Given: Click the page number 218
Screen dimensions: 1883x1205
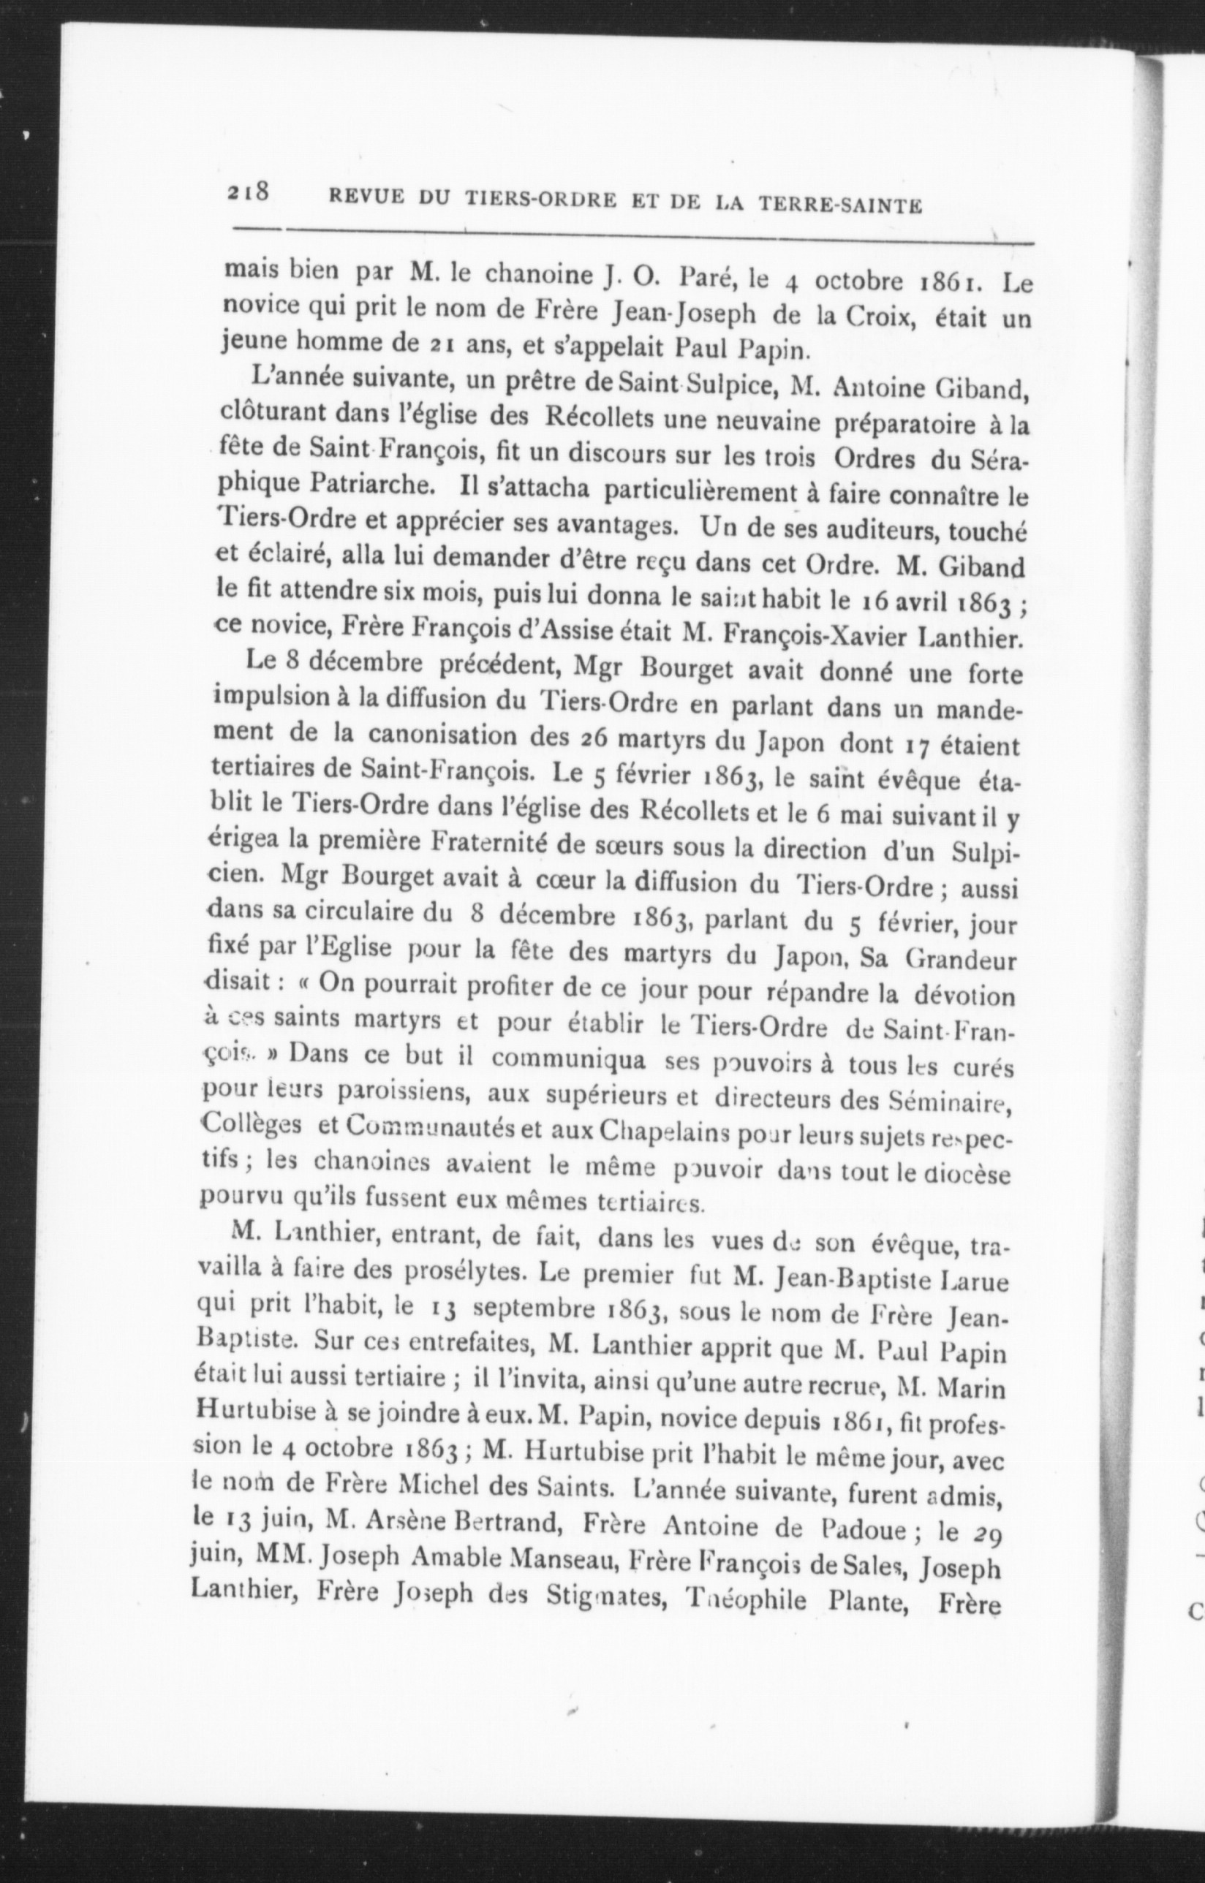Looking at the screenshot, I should pyautogui.click(x=248, y=192).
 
